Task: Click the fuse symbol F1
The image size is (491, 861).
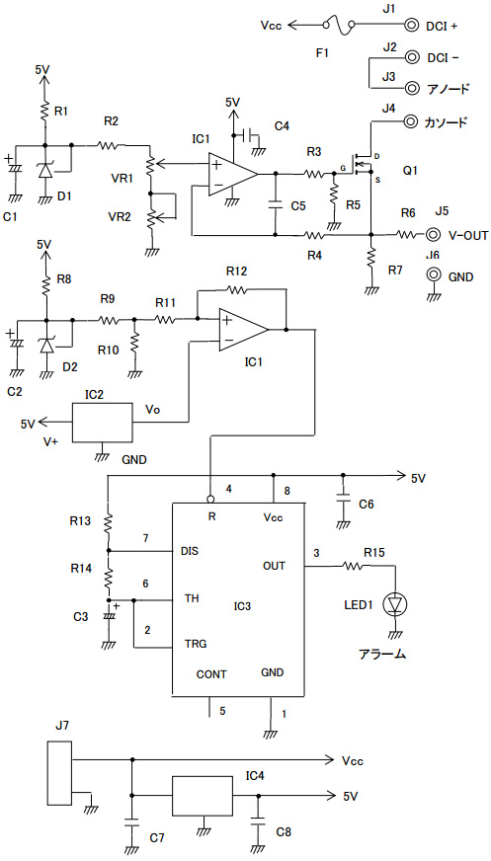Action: [338, 27]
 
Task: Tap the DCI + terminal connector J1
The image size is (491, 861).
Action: [411, 25]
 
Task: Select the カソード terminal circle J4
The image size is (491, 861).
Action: [411, 121]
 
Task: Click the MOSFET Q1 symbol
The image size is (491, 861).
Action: [363, 165]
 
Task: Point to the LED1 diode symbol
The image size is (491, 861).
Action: [395, 603]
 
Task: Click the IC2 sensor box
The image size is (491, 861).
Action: [103, 423]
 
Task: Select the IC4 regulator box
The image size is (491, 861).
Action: [203, 796]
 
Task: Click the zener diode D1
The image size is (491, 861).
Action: [45, 171]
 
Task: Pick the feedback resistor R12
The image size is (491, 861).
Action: [238, 288]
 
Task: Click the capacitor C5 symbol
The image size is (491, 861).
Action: [275, 205]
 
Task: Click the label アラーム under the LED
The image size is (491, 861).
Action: [382, 654]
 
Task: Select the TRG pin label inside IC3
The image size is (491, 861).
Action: [196, 644]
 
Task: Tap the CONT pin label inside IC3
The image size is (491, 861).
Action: [211, 674]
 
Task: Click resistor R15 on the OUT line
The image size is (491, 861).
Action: [353, 565]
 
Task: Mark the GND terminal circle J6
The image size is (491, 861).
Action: [434, 274]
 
